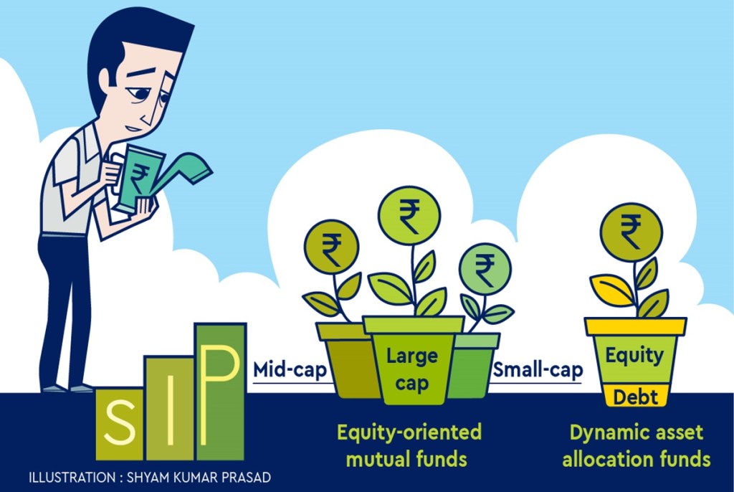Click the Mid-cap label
coord(290,372)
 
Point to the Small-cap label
coord(536,372)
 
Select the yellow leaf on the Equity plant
coord(611,288)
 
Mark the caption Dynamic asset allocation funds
coord(636,445)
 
